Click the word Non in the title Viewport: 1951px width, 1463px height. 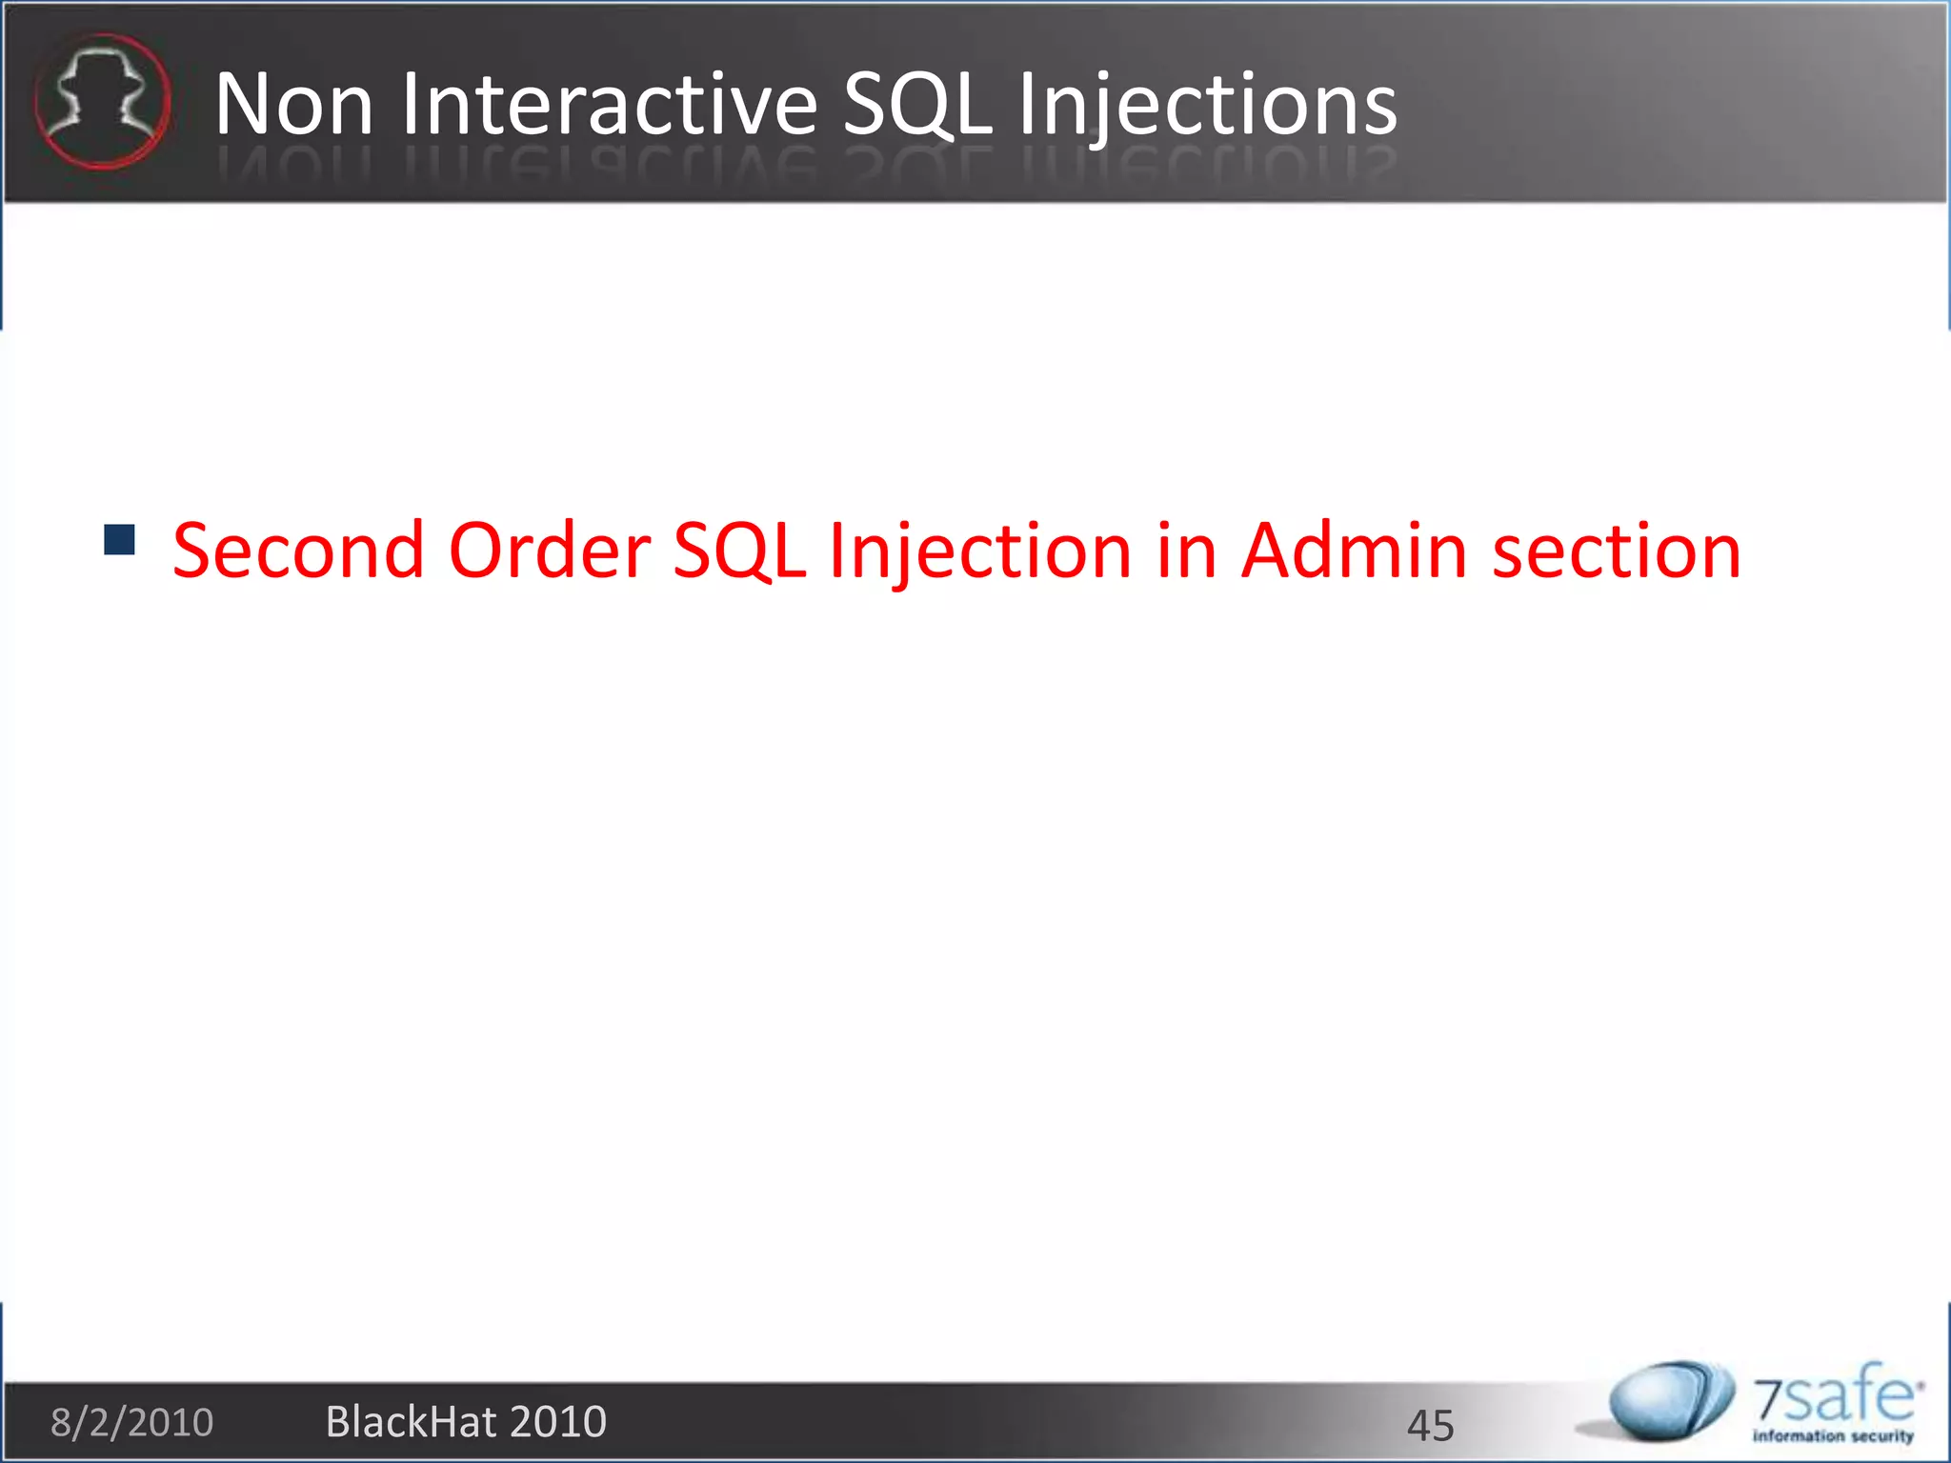(293, 104)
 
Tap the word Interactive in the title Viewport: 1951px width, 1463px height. (608, 104)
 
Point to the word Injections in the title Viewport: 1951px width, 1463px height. (1207, 104)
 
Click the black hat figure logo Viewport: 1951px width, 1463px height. (102, 101)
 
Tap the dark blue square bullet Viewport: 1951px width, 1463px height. (119, 540)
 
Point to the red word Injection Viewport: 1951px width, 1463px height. (979, 552)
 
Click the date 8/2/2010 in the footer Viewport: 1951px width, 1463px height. (131, 1422)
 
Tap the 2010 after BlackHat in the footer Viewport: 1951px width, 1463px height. (558, 1422)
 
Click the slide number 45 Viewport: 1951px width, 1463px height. (1430, 1425)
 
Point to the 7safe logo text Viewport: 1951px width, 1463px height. (1835, 1396)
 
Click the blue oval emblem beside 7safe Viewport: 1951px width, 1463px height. (1669, 1400)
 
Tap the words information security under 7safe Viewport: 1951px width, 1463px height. (1833, 1435)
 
